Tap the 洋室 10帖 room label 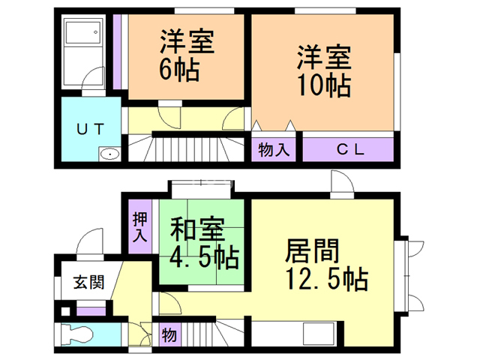[324, 71]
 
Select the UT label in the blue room [90, 129]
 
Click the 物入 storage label [273, 150]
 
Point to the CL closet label [350, 149]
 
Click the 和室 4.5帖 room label [204, 242]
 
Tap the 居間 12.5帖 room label [326, 265]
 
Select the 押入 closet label [140, 226]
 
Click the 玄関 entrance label [88, 282]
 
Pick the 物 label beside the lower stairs [169, 334]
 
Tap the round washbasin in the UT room [109, 154]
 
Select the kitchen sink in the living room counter [318, 334]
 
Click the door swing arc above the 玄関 [88, 241]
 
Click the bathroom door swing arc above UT [93, 78]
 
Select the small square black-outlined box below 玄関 [65, 312]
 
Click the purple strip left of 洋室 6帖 [117, 52]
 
